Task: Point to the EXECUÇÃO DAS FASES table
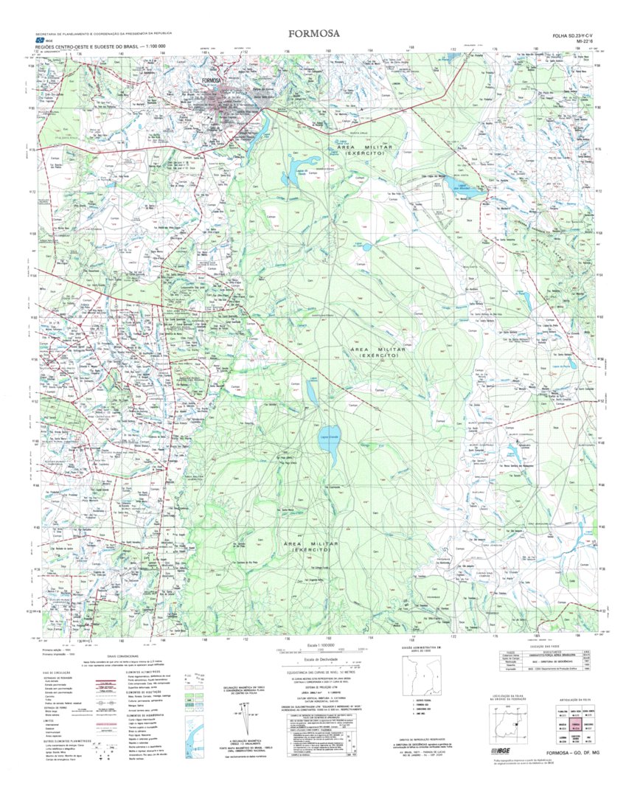point(542,663)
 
